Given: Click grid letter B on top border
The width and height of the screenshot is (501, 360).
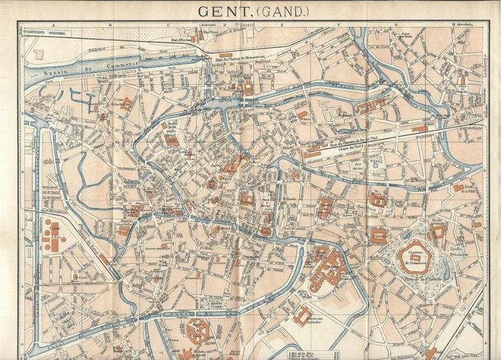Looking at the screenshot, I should pyautogui.click(x=110, y=25).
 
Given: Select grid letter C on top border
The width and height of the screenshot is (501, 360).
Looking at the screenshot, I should pyautogui.click(x=168, y=25).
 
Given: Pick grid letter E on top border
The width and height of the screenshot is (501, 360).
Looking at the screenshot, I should pyautogui.click(x=282, y=25).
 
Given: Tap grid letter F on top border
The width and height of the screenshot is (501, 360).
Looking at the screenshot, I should pyautogui.click(x=340, y=25).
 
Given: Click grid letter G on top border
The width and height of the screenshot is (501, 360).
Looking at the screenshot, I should pyautogui.click(x=396, y=25).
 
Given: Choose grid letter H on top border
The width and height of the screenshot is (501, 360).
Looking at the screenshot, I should pyautogui.click(x=453, y=25).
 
